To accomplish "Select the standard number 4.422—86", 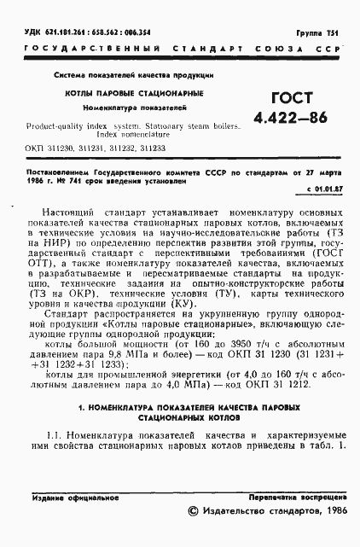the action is [x=290, y=119].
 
